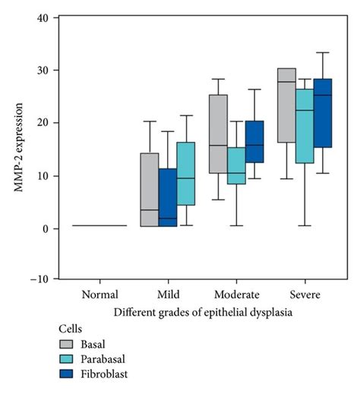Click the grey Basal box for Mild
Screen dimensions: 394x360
(150, 190)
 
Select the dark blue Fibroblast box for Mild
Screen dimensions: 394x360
(168, 197)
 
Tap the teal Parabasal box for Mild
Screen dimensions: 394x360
(186, 174)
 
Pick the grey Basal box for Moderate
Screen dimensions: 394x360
(218, 134)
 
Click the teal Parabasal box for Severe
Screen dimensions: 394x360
(305, 126)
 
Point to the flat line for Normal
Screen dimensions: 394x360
(99, 225)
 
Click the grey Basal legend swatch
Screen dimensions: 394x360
(71, 344)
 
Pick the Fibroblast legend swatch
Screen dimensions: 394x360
(71, 374)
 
